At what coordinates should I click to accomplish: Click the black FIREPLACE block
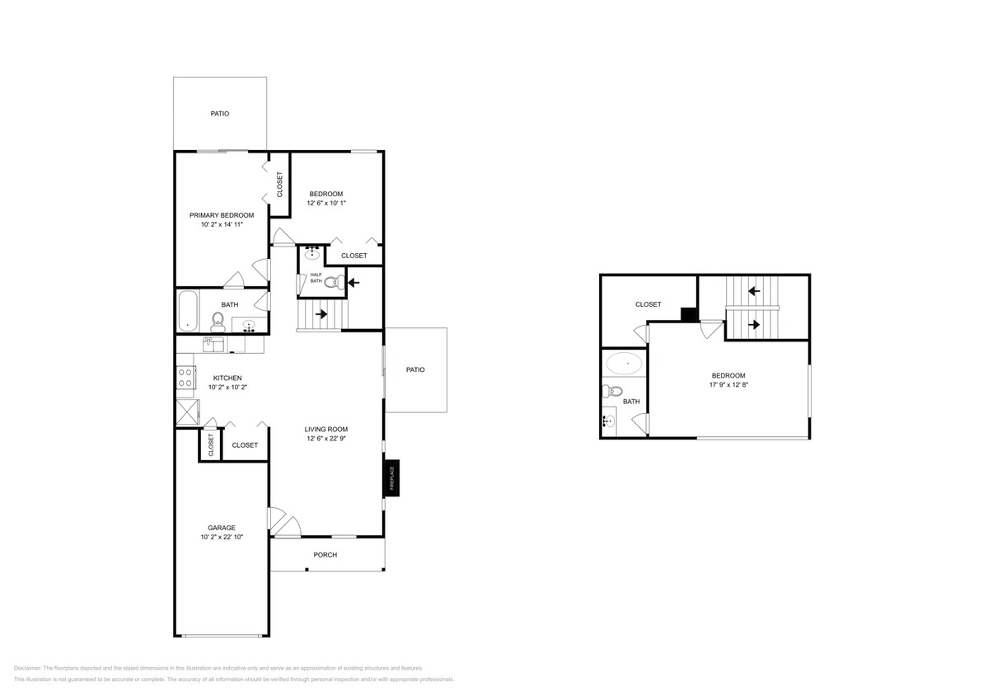391,478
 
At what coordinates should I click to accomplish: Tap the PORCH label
325,555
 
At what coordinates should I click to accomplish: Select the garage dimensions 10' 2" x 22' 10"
222,537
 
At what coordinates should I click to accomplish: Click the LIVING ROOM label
326,429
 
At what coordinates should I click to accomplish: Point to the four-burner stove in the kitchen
186,378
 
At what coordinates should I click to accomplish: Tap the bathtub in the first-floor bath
187,310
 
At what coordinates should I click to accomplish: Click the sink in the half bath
313,254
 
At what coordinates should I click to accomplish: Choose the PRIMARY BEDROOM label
222,214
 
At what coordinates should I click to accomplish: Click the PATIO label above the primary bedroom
220,114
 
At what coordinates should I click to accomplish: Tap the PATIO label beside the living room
415,369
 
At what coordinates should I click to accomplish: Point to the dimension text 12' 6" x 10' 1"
326,204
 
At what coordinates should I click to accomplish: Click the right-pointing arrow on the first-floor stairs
320,313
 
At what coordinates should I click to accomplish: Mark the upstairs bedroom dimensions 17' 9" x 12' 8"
728,384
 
